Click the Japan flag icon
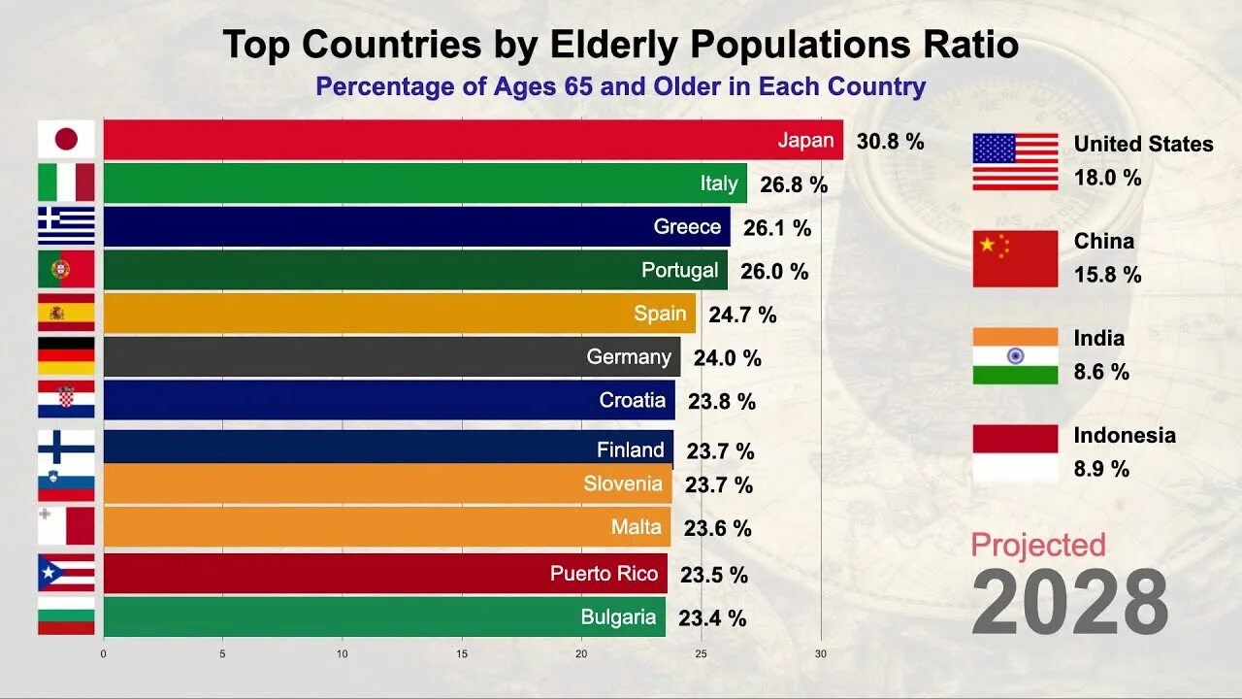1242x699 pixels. [x=66, y=140]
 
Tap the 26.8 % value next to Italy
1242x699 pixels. [x=794, y=184]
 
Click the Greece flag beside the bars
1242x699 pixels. [x=66, y=225]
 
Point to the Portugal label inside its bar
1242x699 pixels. [x=679, y=270]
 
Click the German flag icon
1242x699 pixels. [x=66, y=356]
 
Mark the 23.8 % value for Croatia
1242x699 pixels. [x=721, y=402]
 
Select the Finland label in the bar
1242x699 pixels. [x=630, y=449]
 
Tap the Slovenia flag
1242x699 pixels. [x=66, y=483]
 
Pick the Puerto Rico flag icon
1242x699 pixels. [x=66, y=573]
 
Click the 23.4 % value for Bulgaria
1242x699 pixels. [x=712, y=617]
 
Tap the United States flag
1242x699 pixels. [x=1015, y=161]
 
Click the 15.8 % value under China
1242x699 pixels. [x=1107, y=275]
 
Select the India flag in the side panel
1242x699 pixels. [x=1015, y=355]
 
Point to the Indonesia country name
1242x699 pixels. [x=1124, y=435]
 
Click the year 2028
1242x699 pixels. [x=1069, y=603]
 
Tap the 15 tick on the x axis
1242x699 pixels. [x=462, y=653]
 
